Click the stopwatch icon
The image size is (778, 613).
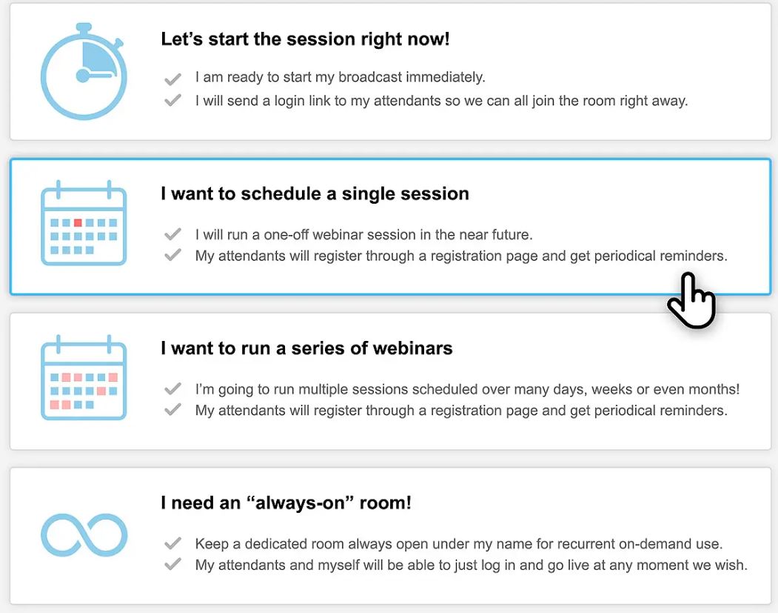pos(84,72)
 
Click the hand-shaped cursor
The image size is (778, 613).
pos(691,300)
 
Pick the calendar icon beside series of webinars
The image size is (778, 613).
pos(84,377)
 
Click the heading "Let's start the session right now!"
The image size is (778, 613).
pos(305,39)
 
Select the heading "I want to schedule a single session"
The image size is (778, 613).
pos(315,193)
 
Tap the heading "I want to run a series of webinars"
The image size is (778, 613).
pos(306,348)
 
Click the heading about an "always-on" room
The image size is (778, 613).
pos(286,503)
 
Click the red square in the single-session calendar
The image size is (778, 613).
pos(78,222)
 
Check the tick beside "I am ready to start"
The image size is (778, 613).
pos(172,79)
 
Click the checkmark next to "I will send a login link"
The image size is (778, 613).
pos(172,100)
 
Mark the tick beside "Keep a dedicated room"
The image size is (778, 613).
pos(172,543)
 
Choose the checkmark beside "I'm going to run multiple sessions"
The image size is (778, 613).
pos(172,388)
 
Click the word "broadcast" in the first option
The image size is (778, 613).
pos(370,77)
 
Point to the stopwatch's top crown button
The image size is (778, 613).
pos(84,28)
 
